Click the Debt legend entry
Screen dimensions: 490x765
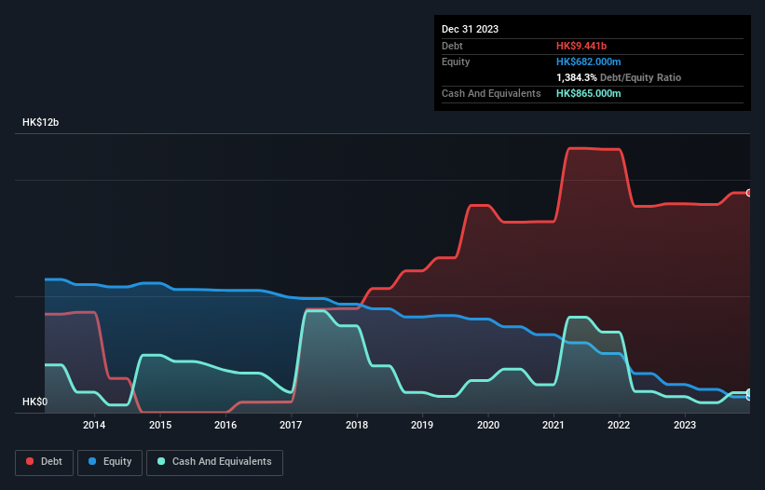(45, 461)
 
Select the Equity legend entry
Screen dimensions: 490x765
(109, 461)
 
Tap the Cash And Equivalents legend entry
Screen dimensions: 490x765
(214, 461)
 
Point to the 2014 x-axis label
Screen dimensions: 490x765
(94, 426)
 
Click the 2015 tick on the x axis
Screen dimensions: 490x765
(159, 426)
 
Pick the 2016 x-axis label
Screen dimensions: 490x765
(225, 426)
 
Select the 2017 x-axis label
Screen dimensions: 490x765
(291, 426)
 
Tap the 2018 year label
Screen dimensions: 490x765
(357, 426)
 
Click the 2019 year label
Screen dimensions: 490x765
(422, 426)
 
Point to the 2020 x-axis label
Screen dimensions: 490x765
(488, 426)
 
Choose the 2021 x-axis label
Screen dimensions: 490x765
(553, 426)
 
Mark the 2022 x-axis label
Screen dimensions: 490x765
(620, 426)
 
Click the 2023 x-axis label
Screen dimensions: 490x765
(685, 426)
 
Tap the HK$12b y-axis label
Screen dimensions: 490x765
(41, 123)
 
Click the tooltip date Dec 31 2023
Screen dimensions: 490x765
(471, 29)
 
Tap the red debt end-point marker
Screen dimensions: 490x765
(749, 193)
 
